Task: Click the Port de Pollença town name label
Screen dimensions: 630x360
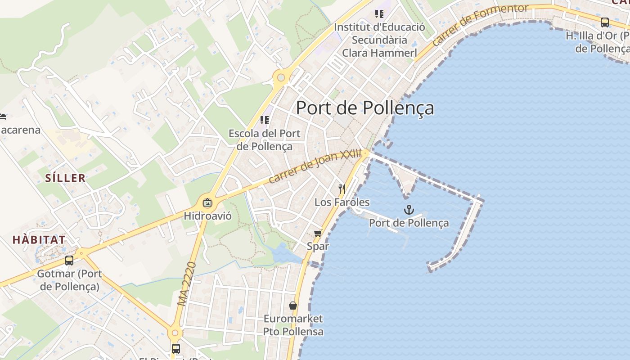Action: pos(365,108)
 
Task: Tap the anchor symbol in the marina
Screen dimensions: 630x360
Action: pos(409,209)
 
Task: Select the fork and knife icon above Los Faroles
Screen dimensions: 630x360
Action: pos(342,188)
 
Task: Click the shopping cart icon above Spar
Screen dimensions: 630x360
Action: pos(318,233)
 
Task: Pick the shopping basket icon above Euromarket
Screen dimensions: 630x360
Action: pos(293,306)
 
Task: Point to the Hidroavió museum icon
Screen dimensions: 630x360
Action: pos(207,203)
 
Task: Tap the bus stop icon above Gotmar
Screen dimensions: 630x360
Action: pos(69,260)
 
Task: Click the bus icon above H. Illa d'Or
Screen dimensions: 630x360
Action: pos(605,22)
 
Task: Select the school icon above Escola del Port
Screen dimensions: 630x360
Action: pos(265,120)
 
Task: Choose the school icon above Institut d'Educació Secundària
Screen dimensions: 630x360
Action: pos(379,14)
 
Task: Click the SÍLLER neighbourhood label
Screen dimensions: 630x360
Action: pos(65,178)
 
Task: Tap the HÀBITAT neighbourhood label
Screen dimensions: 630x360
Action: pos(39,240)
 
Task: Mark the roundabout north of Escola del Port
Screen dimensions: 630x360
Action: pos(281,78)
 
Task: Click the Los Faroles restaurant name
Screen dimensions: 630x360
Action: pos(342,202)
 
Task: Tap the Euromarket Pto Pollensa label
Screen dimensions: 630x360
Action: pos(293,325)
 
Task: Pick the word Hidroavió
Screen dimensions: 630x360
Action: pos(207,216)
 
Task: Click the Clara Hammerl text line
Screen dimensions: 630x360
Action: pos(379,53)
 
